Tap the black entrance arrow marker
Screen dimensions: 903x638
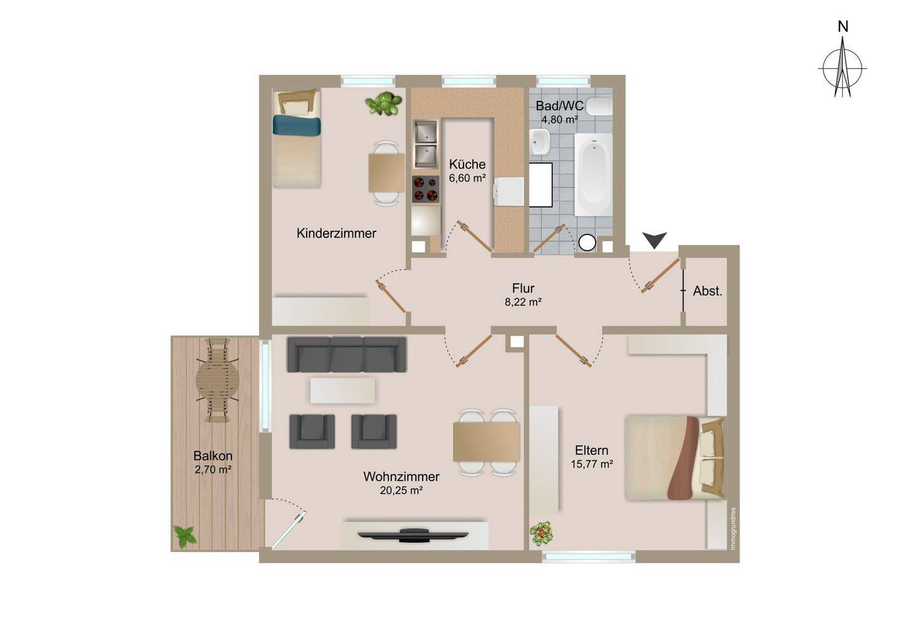coord(655,240)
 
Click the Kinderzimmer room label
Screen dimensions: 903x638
coord(337,233)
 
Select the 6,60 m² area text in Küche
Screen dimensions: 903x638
coord(467,178)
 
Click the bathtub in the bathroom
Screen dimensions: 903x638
coord(594,174)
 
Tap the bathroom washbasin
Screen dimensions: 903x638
coord(540,142)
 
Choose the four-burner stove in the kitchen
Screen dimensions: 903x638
coord(426,189)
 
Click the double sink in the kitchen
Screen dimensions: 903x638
coord(426,144)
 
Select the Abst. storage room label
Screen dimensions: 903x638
coord(707,291)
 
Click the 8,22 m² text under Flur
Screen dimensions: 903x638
coord(523,302)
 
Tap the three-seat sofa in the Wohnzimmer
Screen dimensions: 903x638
coord(347,355)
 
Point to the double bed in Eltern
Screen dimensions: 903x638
coord(675,458)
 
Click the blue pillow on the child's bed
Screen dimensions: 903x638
coord(297,125)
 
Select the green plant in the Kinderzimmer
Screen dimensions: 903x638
coord(384,103)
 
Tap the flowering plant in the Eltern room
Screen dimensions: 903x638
coord(541,533)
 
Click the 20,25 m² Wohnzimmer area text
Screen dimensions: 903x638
coord(401,491)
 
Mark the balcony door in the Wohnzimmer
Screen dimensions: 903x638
coord(288,530)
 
